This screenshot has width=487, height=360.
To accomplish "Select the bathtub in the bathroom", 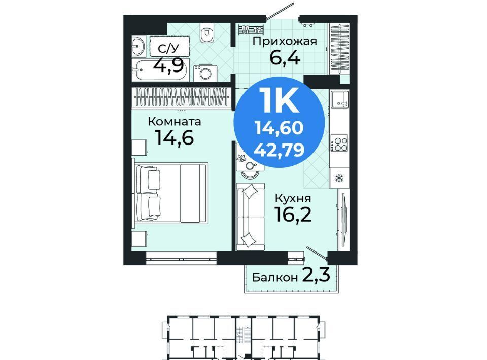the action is (x=160, y=71).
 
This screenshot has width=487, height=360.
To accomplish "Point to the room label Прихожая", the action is (x=285, y=41).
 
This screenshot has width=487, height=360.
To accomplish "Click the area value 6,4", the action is (x=285, y=57).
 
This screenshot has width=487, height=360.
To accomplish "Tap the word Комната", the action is (x=175, y=121).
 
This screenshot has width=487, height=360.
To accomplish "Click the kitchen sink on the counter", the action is (x=339, y=99).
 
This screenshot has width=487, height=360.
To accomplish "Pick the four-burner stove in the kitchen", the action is (x=339, y=143).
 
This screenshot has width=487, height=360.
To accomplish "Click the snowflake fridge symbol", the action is (x=339, y=178).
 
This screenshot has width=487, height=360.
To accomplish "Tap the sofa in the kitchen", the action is (x=250, y=217).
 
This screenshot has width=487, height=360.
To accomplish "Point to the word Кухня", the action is (x=293, y=198).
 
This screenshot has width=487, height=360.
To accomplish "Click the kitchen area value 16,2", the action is (x=293, y=214).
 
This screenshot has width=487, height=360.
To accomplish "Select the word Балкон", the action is (x=274, y=277).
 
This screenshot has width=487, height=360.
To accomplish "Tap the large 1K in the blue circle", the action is (x=279, y=99).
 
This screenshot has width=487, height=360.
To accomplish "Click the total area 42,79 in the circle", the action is (x=279, y=150).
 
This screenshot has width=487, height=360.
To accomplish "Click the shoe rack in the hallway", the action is (x=251, y=29).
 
